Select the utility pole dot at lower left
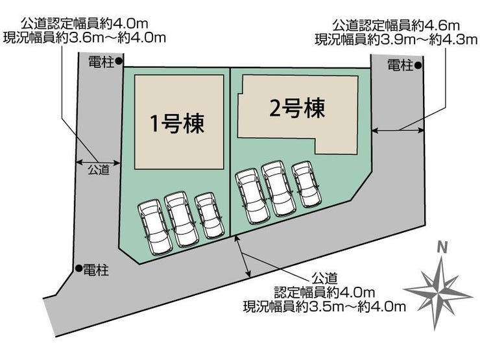tap(78, 268)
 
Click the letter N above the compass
tap(442, 246)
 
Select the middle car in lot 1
tap(180, 219)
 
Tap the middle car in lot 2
tap(278, 189)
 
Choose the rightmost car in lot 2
tap(305, 184)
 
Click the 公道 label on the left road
tap(98, 171)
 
